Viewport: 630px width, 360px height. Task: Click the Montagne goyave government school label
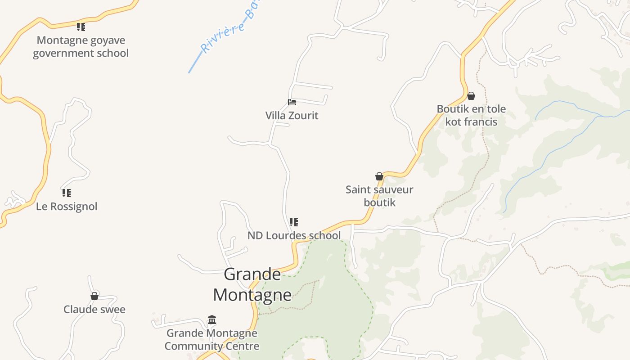[x=81, y=47]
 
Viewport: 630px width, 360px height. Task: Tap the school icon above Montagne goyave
[x=81, y=27]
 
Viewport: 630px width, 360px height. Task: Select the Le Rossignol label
[x=67, y=207]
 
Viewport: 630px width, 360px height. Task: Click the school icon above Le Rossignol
[x=67, y=193]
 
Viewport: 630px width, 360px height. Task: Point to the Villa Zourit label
[x=292, y=116]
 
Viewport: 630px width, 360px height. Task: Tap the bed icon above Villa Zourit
[x=292, y=102]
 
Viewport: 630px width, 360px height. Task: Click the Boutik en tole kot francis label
[x=471, y=115]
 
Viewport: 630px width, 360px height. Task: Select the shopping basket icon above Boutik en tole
[x=471, y=96]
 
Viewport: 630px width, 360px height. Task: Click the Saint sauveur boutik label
[x=379, y=196]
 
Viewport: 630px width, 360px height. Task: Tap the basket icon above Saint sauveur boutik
[x=379, y=176]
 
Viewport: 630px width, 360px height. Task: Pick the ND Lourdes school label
[x=294, y=235]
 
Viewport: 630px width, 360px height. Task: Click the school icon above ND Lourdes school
[x=294, y=222]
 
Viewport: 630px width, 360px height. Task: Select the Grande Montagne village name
[x=252, y=284]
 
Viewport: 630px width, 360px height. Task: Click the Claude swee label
[x=94, y=310]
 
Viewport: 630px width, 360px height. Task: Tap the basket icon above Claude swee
[x=94, y=296]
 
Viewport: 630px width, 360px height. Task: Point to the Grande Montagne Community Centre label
[x=212, y=340]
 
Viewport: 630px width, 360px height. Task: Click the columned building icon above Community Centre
[x=212, y=320]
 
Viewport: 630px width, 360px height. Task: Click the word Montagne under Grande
[x=252, y=295]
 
